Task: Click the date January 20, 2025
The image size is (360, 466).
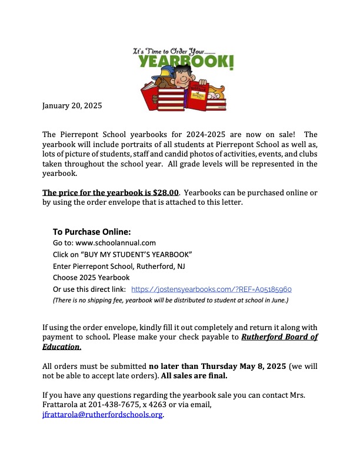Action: (72, 106)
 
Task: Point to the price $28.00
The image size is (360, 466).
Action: (166, 192)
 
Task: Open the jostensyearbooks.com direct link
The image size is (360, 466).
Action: (211, 289)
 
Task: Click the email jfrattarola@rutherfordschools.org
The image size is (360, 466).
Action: (103, 415)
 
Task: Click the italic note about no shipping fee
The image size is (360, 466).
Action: (171, 300)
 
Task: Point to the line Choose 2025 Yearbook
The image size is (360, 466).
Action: (91, 277)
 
